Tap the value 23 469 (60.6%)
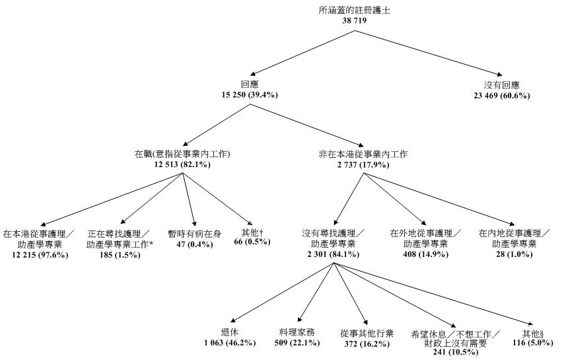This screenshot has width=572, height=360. coord(507,96)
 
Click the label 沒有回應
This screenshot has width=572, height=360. coord(507,86)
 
